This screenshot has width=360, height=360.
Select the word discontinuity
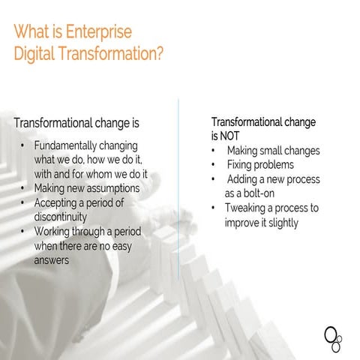tap(67, 217)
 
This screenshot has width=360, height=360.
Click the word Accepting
tap(58, 202)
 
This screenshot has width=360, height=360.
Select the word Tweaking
tap(247, 208)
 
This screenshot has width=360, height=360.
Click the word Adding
tap(241, 179)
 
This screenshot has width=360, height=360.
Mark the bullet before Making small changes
tap(214, 151)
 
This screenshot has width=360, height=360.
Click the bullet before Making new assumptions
tap(25, 188)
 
